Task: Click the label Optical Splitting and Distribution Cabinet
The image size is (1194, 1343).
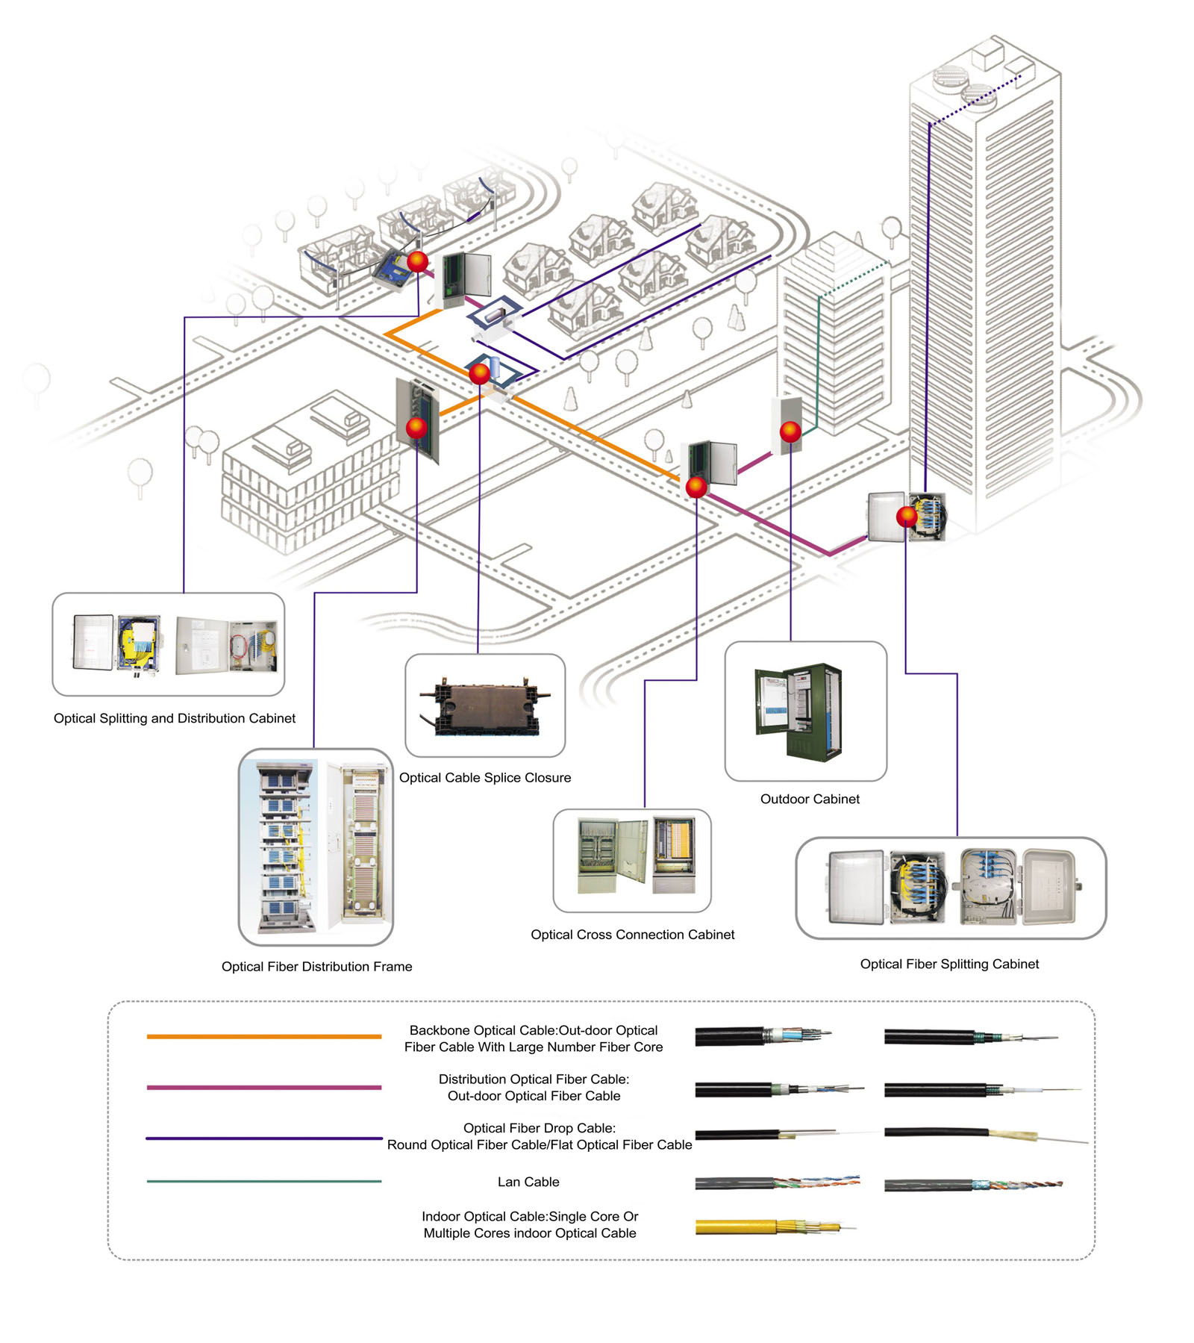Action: tap(174, 718)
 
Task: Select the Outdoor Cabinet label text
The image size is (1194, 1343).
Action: tap(810, 799)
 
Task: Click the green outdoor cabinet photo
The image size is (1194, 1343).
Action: tap(799, 711)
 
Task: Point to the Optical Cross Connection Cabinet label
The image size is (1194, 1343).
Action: tap(632, 934)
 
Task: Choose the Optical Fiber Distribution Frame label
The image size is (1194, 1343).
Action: tap(316, 966)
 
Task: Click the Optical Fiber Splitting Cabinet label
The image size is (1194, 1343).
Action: tap(949, 964)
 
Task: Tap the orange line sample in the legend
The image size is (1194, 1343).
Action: tap(263, 1036)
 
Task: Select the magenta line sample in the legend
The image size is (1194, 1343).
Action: tap(263, 1087)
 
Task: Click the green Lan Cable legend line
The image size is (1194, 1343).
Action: tap(263, 1181)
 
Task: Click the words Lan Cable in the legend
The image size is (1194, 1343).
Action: tap(528, 1182)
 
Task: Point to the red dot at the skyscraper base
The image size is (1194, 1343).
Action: tap(907, 516)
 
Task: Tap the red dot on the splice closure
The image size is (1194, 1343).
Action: tap(480, 373)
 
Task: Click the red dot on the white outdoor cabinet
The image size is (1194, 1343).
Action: tap(790, 431)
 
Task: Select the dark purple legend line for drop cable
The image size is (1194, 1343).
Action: tap(263, 1138)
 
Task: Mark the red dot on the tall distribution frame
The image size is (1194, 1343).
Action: tap(416, 428)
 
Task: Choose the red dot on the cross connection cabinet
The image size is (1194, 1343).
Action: tap(696, 487)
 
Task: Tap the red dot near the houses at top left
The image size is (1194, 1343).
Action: tap(418, 261)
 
